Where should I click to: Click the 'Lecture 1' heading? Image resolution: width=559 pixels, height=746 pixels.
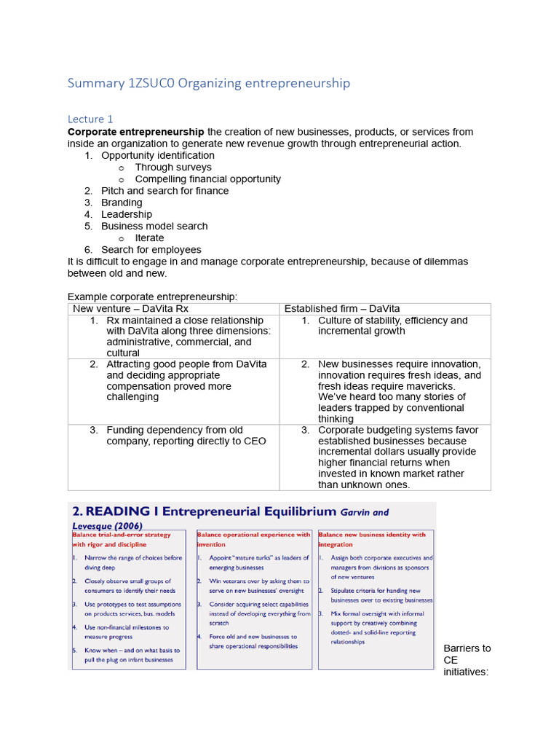point(90,119)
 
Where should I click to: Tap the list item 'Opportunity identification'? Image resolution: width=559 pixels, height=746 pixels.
point(158,155)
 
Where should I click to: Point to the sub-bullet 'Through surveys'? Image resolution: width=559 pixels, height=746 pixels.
point(173,167)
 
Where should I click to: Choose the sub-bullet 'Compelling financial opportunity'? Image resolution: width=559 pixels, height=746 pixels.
point(207,178)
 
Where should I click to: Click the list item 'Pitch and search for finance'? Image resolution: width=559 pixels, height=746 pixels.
point(164,191)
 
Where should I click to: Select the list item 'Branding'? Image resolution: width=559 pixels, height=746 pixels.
point(122,203)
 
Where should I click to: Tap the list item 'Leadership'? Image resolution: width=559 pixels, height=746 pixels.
point(127,214)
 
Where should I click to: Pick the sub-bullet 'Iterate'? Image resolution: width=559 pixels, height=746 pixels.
point(149,237)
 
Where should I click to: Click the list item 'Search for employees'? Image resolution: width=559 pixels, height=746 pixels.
point(151,249)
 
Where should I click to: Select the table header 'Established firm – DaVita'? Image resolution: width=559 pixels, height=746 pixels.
point(342,309)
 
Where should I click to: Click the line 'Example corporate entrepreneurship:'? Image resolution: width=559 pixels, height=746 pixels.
point(153,297)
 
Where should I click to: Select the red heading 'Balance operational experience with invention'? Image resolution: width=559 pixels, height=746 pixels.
point(253,539)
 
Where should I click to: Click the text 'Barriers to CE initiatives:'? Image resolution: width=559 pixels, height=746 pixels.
point(467,660)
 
